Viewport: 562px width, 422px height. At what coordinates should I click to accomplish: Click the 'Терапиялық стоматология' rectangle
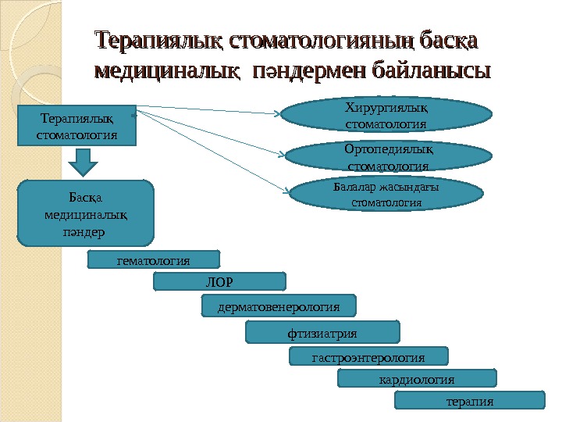point(76,126)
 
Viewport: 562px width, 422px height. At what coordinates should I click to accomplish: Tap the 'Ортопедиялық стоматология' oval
point(386,156)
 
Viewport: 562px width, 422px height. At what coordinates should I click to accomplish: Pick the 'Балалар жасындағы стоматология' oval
point(386,195)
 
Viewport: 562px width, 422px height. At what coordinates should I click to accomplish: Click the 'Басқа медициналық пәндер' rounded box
point(86,213)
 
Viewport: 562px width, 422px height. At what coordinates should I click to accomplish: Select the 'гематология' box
point(154,259)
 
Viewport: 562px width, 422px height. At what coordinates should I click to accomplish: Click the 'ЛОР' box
point(220,281)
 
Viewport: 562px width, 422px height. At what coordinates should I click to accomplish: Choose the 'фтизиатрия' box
point(322,333)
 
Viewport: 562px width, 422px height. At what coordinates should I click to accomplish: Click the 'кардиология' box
point(416,379)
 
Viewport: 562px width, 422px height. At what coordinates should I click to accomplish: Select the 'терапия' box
point(469,401)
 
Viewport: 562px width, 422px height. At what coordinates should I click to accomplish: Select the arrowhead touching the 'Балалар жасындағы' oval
point(285,188)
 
